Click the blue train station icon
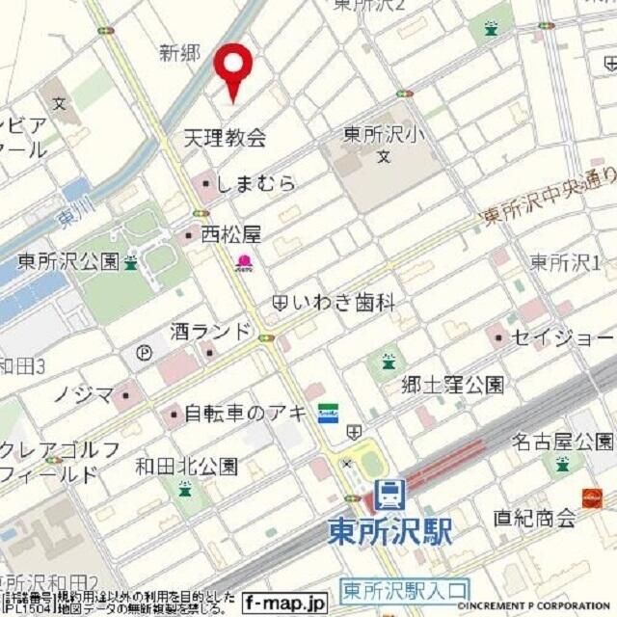389,495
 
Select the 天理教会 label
225,138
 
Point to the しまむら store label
255,183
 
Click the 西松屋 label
230,233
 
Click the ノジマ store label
82,393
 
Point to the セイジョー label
562,337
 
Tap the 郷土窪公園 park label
452,386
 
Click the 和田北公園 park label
186,467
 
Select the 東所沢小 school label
383,136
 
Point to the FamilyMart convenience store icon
328,411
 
